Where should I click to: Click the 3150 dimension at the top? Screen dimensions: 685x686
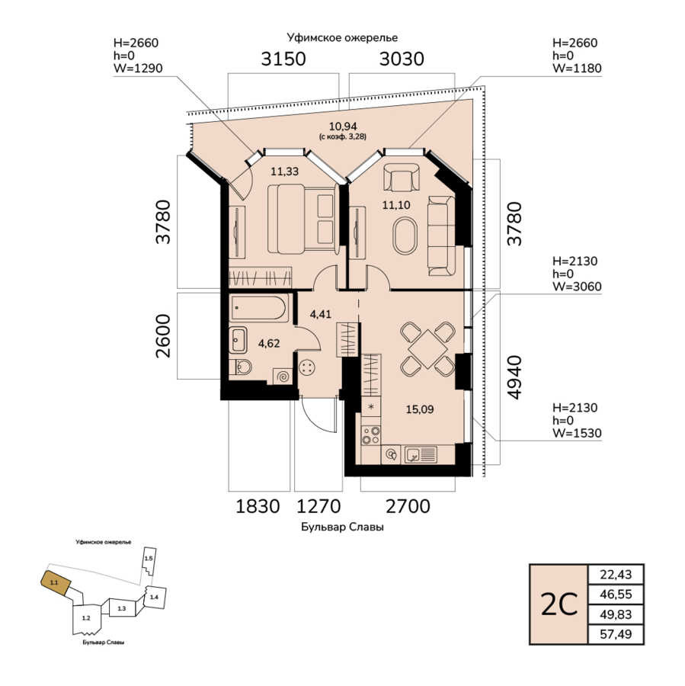pyautogui.click(x=283, y=59)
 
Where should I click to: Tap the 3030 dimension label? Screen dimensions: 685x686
pyautogui.click(x=402, y=59)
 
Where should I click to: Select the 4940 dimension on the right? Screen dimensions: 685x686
pyautogui.click(x=514, y=377)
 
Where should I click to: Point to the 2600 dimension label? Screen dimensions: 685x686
pyautogui.click(x=163, y=335)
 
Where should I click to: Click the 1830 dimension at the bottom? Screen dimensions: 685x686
pyautogui.click(x=258, y=506)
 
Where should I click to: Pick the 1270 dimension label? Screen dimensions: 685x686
pyautogui.click(x=318, y=506)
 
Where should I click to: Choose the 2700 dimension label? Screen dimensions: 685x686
pyautogui.click(x=408, y=506)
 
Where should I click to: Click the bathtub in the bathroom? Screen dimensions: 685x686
pyautogui.click(x=258, y=308)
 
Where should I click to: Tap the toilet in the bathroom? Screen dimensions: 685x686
pyautogui.click(x=240, y=367)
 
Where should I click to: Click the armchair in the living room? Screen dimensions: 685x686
pyautogui.click(x=401, y=178)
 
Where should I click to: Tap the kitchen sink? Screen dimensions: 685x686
pyautogui.click(x=421, y=454)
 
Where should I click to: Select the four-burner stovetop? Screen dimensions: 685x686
pyautogui.click(x=370, y=436)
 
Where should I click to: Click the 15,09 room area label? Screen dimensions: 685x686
pyautogui.click(x=420, y=409)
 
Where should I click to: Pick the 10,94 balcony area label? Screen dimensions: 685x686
pyautogui.click(x=343, y=127)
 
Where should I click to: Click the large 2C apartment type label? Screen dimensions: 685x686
pyautogui.click(x=559, y=604)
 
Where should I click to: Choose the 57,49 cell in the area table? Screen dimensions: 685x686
pyautogui.click(x=616, y=634)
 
